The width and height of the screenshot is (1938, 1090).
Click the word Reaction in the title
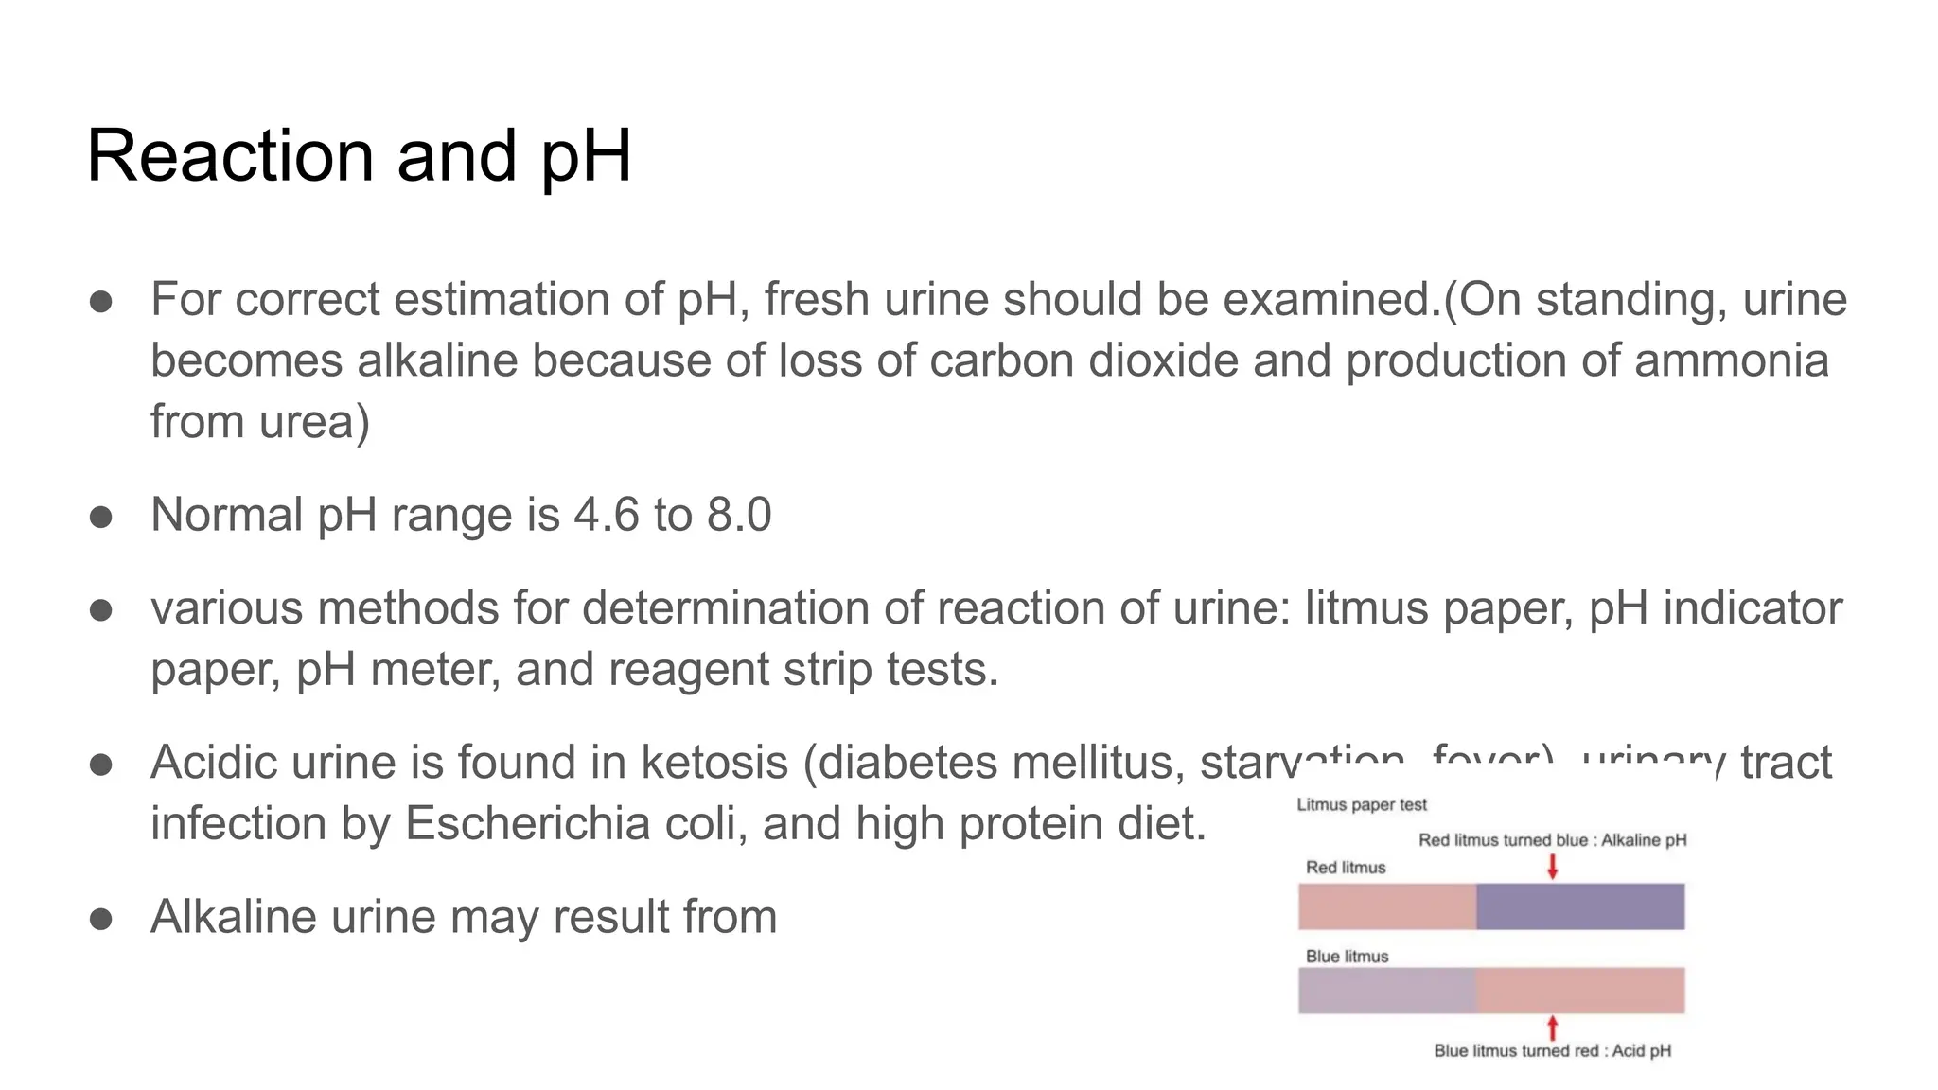pyautogui.click(x=230, y=156)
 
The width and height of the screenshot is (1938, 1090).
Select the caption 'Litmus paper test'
pyautogui.click(x=1361, y=805)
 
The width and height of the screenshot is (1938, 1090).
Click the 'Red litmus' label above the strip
pyautogui.click(x=1345, y=868)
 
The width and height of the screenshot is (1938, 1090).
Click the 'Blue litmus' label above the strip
pyautogui.click(x=1347, y=957)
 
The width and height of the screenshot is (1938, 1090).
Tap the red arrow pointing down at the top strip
pyautogui.click(x=1552, y=866)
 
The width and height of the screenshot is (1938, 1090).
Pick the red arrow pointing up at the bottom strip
pyautogui.click(x=1552, y=1028)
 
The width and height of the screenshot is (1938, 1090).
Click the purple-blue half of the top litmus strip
pyautogui.click(x=1580, y=906)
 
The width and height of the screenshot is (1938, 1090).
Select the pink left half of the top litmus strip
pyautogui.click(x=1386, y=906)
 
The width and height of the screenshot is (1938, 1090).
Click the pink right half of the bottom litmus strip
pyautogui.click(x=1580, y=991)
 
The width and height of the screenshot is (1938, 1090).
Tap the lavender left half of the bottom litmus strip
pyautogui.click(x=1386, y=991)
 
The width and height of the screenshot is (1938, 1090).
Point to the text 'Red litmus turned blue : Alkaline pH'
pyautogui.click(x=1552, y=840)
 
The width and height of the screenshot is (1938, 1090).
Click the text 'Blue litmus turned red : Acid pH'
pyautogui.click(x=1552, y=1051)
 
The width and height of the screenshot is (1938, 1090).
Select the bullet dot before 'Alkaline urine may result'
pyautogui.click(x=101, y=919)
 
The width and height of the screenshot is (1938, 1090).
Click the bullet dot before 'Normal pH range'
pyautogui.click(x=101, y=517)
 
